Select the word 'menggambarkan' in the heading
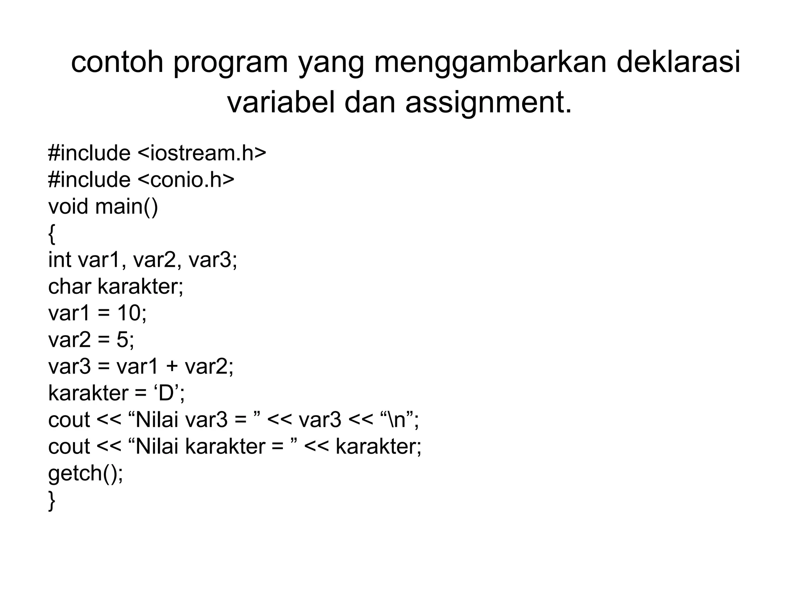tap(490, 63)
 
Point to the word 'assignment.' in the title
tap(489, 103)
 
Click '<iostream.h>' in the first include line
tap(202, 153)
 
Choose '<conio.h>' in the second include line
tap(186, 180)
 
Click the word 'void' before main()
tap(68, 206)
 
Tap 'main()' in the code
tap(127, 206)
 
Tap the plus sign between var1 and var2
tap(171, 367)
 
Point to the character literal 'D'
tap(166, 393)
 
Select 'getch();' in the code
tap(86, 473)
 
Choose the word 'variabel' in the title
tap(281, 103)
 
